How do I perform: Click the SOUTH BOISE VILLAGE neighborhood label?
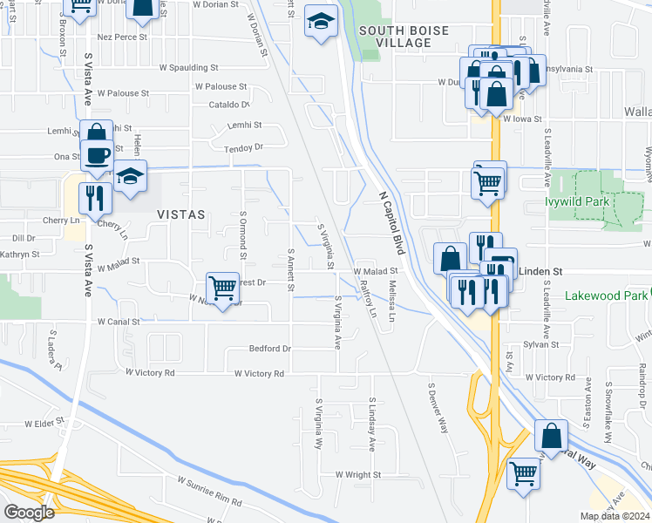[x=404, y=37]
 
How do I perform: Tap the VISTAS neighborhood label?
[x=180, y=214]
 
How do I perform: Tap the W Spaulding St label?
[x=188, y=67]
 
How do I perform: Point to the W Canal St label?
[x=119, y=322]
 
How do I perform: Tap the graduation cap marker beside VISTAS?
[x=130, y=176]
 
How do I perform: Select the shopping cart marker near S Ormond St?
[x=223, y=287]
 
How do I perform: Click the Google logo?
[x=29, y=513]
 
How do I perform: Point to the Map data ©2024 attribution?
[x=615, y=516]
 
